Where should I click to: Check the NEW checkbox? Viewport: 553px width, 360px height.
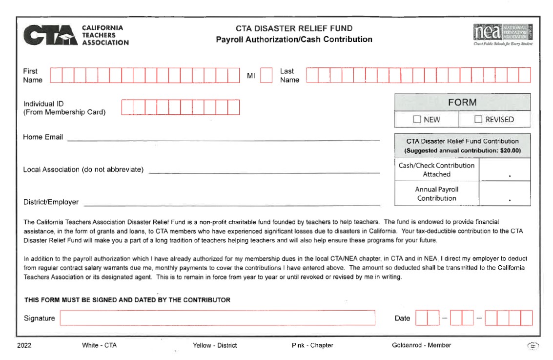[417, 119]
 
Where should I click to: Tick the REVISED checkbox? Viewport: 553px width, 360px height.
[478, 119]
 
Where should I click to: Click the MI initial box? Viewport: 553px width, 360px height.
[266, 75]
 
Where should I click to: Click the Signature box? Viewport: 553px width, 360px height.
[217, 318]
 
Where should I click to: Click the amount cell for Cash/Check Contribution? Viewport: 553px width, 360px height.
[504, 169]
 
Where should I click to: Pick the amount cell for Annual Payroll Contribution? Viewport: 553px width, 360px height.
[504, 193]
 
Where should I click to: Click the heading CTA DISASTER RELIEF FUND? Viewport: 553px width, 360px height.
[294, 28]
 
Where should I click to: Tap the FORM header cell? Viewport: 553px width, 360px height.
[462, 103]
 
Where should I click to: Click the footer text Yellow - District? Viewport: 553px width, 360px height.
[215, 345]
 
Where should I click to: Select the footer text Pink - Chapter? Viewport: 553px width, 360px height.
[309, 345]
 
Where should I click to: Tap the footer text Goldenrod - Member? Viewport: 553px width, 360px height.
[421, 345]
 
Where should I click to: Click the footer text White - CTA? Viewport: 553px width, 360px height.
[100, 345]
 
